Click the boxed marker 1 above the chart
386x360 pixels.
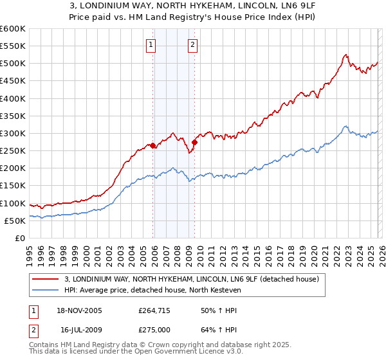(x=151, y=45)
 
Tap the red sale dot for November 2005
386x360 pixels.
(x=153, y=146)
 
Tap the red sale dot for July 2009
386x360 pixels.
(x=194, y=142)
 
